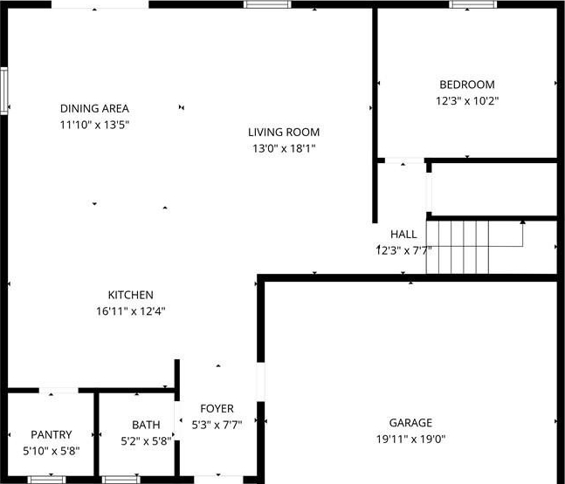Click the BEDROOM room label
pos(467,85)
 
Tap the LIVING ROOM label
pos(284,132)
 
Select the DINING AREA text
pos(94,108)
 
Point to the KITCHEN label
pos(130,295)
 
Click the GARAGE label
pos(410,422)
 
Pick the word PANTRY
pos(52,434)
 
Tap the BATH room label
pos(146,425)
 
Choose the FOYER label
pos(217,409)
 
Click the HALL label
pos(403,235)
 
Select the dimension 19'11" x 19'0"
pos(410,439)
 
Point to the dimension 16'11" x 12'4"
pos(130,311)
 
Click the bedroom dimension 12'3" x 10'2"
pos(467,101)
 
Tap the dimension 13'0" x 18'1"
pos(284,148)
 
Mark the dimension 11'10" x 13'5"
pos(94,125)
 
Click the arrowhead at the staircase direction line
pos(522,222)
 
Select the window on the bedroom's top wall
pos(472,4)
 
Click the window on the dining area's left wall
pos(4,91)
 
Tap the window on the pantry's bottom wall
pos(47,480)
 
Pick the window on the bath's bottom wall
pos(121,480)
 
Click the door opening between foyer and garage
pos(260,382)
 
